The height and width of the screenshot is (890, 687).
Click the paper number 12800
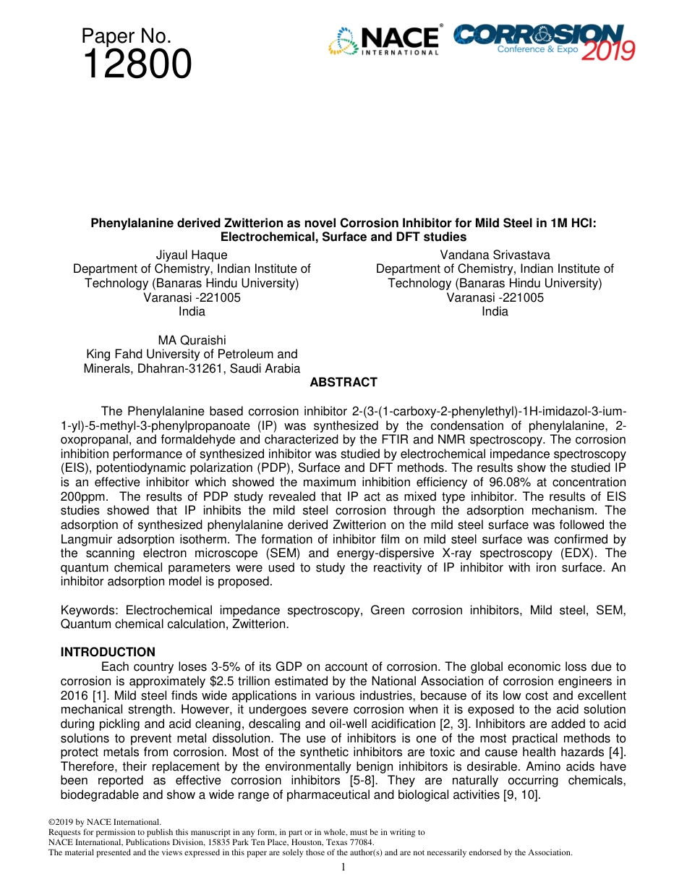(x=137, y=65)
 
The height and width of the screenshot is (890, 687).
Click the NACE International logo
(x=384, y=41)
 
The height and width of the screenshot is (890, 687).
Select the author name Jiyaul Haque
(x=192, y=255)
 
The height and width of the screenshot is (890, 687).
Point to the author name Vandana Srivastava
(x=495, y=255)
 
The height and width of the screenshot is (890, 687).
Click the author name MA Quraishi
(x=192, y=340)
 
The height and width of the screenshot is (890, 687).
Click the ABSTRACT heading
(x=343, y=382)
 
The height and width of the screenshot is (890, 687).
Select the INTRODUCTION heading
(x=108, y=652)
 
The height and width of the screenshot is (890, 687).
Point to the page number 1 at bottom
(x=343, y=867)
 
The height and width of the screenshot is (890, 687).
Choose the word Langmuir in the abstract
(x=85, y=539)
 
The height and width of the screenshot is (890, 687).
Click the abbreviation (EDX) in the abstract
(x=555, y=553)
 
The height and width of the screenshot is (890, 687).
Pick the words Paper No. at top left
(x=126, y=36)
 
